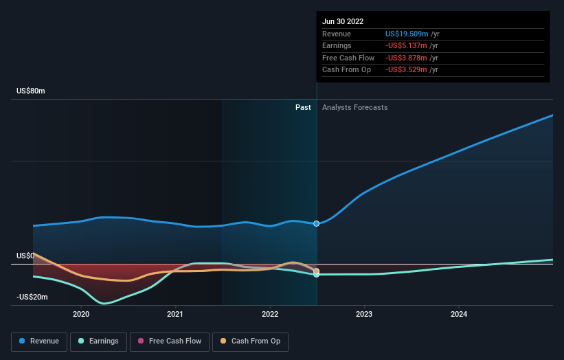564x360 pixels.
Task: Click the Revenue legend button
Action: (x=39, y=341)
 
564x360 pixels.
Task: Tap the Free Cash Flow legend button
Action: (x=168, y=341)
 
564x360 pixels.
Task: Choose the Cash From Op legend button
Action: (x=250, y=341)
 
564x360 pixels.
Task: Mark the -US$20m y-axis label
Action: (x=32, y=297)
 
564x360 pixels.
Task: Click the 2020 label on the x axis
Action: (x=81, y=314)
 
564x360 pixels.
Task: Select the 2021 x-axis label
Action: (x=175, y=314)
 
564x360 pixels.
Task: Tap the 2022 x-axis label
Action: (x=270, y=314)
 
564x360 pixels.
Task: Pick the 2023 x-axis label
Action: (x=364, y=314)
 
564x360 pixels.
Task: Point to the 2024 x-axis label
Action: (x=459, y=314)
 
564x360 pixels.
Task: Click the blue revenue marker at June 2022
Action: (x=317, y=223)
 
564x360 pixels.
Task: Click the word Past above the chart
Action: (x=303, y=108)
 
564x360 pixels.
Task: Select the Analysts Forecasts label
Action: (x=354, y=108)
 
